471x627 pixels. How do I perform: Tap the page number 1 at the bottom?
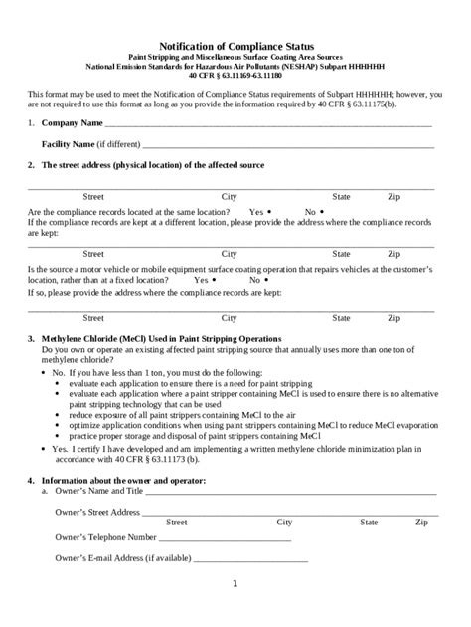click(235, 583)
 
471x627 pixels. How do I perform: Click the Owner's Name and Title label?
click(100, 491)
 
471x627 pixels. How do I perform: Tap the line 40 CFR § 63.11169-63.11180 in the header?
click(235, 75)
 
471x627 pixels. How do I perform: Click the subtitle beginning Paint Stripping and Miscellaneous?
click(235, 58)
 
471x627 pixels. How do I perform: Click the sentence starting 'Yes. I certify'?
click(199, 449)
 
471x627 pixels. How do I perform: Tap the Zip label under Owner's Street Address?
click(422, 522)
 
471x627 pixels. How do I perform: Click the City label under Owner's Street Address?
click(284, 522)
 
